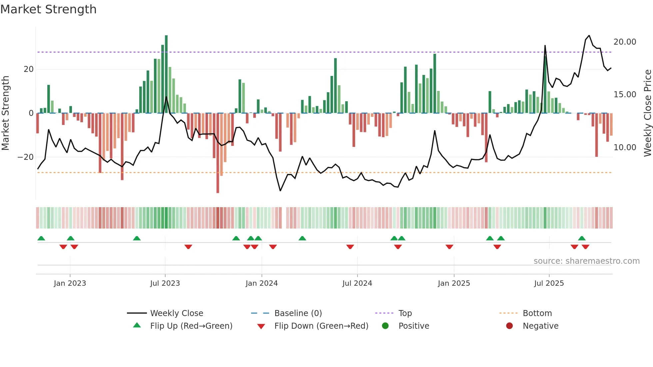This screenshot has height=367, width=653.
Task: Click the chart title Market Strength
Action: coord(48,9)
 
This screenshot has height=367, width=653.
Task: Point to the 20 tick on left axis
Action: coord(29,69)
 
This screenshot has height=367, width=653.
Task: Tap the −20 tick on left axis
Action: coord(26,157)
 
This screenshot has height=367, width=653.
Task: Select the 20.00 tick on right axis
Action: coord(625,42)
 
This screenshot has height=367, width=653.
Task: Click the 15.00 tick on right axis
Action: coord(625,95)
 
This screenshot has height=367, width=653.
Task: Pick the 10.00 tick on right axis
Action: coord(625,148)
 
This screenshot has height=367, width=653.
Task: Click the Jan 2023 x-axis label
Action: coord(70,283)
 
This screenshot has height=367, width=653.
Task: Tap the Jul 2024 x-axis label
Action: coord(357,283)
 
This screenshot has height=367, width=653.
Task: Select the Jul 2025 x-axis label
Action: coord(549,283)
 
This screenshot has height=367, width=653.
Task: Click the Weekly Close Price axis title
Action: coord(647,113)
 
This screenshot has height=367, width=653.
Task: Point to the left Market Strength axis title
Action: coord(5,113)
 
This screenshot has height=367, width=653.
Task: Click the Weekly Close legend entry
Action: coord(176,313)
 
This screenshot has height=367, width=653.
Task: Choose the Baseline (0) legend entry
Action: coord(298,313)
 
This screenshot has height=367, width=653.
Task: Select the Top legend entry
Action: coord(405,313)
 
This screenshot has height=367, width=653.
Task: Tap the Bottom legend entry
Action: coord(537,313)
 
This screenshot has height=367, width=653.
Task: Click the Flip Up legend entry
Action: coord(191,326)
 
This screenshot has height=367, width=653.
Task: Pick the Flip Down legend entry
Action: coord(321,326)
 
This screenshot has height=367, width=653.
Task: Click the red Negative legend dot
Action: coord(509,326)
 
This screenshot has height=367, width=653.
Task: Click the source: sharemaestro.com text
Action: coord(586,261)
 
